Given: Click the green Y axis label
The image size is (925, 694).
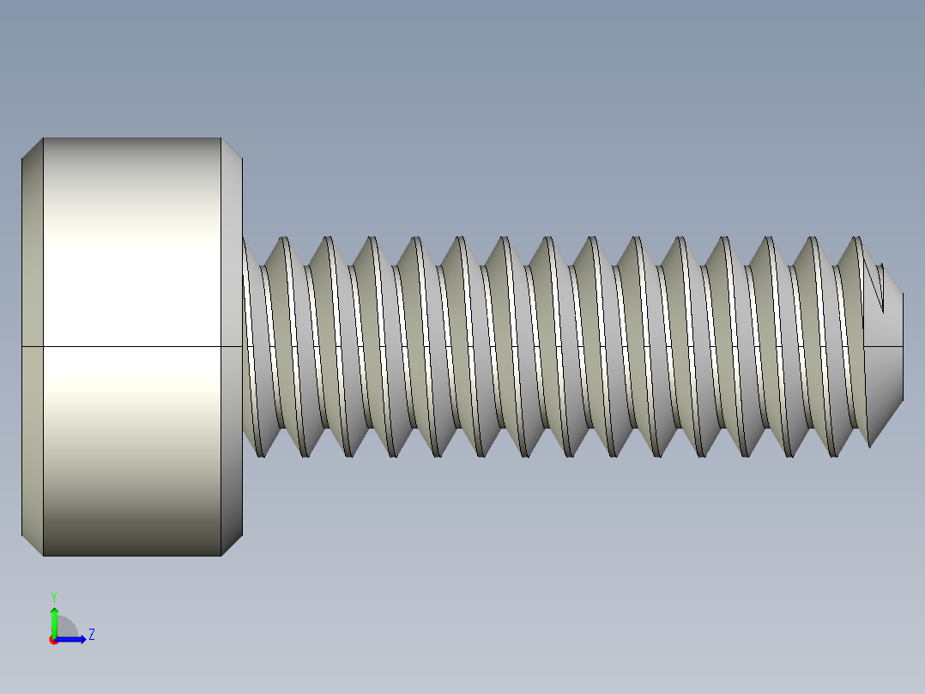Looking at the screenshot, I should point(53,596).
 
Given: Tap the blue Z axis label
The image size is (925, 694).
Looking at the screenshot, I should point(91,635).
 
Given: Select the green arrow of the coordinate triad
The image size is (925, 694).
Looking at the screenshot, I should point(53,619).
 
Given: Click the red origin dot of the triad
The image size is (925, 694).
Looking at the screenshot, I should point(53,640).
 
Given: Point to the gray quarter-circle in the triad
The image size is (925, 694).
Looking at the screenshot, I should point(66,628).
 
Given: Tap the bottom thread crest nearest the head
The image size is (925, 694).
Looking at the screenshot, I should point(261,455).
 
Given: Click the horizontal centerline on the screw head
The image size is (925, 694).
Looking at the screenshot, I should point(129,346).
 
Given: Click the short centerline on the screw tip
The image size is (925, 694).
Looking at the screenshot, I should point(884,347).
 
